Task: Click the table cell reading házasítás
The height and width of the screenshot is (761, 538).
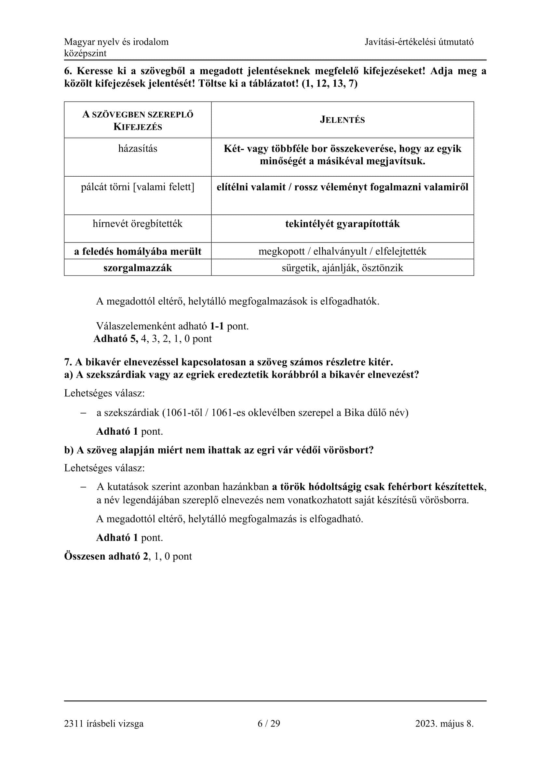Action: tap(138, 148)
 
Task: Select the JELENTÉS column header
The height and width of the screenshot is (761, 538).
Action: tap(342, 120)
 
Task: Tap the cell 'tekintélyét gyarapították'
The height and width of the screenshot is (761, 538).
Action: tap(342, 224)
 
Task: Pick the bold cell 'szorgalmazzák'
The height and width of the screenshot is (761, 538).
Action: tap(138, 268)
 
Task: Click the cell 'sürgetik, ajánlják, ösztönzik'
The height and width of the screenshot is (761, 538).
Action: tap(342, 268)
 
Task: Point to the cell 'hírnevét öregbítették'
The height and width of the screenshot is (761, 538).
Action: tap(138, 224)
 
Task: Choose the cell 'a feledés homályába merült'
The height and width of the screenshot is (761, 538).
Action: tap(138, 251)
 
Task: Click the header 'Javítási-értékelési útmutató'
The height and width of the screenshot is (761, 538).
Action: tap(419, 42)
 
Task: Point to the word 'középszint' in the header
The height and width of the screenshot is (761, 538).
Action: tap(85, 53)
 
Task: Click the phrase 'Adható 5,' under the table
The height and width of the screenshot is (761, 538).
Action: tap(115, 339)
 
